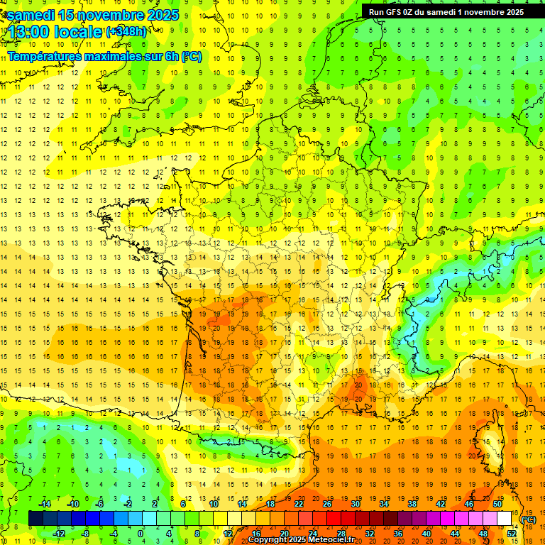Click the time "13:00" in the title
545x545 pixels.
(x=28, y=32)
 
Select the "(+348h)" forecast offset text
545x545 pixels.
(x=126, y=32)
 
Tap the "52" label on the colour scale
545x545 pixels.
(x=512, y=533)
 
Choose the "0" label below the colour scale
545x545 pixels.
(x=141, y=533)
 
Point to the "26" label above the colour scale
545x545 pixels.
(x=327, y=504)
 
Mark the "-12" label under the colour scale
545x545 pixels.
(x=60, y=533)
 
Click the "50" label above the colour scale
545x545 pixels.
(x=497, y=504)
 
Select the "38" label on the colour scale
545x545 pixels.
(x=412, y=504)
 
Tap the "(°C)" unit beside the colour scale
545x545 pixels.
(x=529, y=519)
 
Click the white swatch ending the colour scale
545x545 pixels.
(x=504, y=518)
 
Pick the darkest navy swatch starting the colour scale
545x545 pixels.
(x=35, y=518)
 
